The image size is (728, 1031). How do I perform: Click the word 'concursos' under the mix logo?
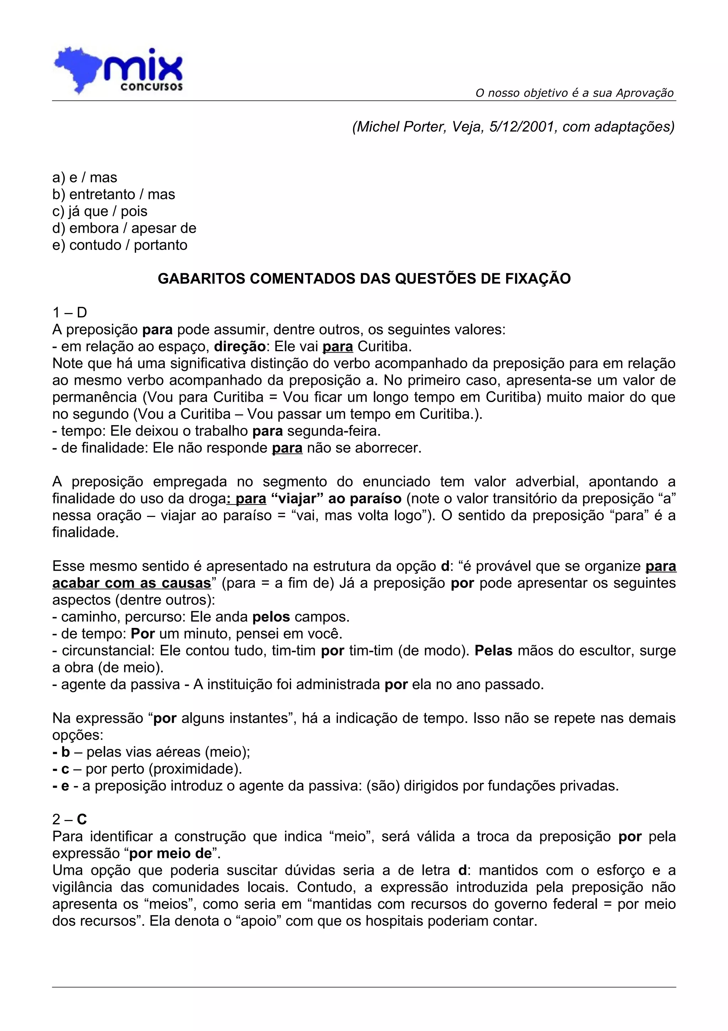point(152,87)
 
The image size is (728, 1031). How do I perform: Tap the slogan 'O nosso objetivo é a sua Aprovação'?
point(574,93)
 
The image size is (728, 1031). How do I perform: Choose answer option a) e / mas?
point(85,178)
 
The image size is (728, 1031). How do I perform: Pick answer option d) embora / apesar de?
point(124,228)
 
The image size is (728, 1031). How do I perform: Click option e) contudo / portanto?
point(120,245)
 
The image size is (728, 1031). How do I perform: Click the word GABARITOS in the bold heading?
point(202,279)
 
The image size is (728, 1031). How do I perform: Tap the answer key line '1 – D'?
point(70,312)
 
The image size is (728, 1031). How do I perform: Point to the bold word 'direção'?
point(240,347)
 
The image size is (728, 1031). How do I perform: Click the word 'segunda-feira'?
point(333,431)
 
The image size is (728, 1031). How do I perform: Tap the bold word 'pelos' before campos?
point(271,617)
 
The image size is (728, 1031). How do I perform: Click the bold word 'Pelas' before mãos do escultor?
point(493,651)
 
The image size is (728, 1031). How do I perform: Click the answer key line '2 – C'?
point(70,820)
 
